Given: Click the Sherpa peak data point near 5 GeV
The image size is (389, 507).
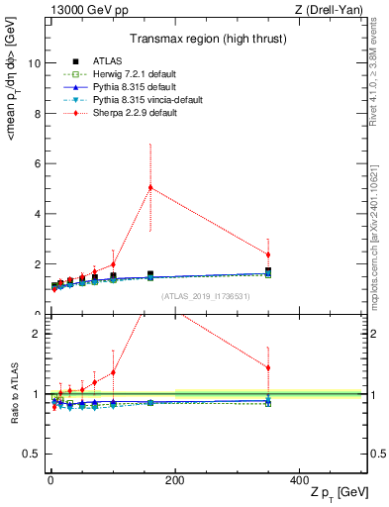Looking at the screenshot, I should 150,187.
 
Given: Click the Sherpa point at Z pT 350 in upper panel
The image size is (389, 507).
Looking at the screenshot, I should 268,254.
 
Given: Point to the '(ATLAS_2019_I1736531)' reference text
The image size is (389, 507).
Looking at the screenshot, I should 205,296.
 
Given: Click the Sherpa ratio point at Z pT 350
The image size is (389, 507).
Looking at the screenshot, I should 268,368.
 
